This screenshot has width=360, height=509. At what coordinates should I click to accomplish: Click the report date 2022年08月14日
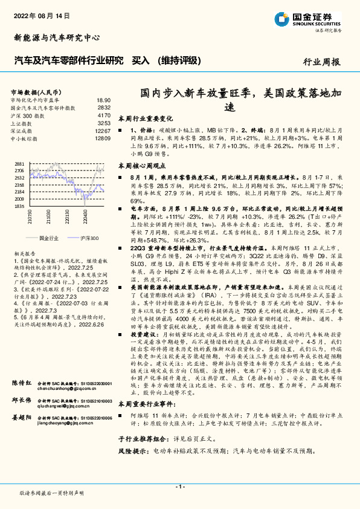43,14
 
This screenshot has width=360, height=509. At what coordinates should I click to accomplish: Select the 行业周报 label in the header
321,62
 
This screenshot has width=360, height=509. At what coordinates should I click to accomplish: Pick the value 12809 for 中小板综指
103,138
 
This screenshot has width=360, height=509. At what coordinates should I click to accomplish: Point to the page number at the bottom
179,487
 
